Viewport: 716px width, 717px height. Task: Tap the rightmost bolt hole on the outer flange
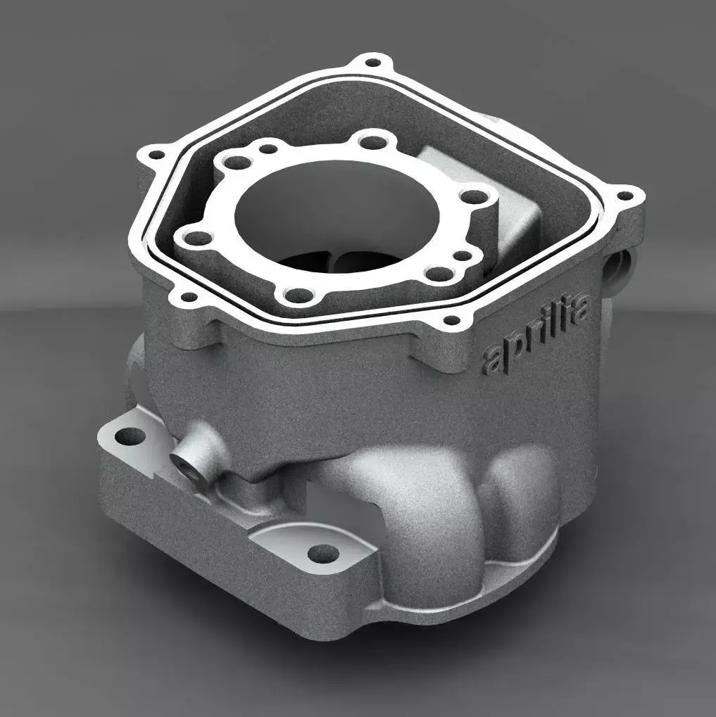[x=624, y=196]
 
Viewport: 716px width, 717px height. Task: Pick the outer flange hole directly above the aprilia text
[x=451, y=324]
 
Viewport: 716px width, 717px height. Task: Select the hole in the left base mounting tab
[x=125, y=436]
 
